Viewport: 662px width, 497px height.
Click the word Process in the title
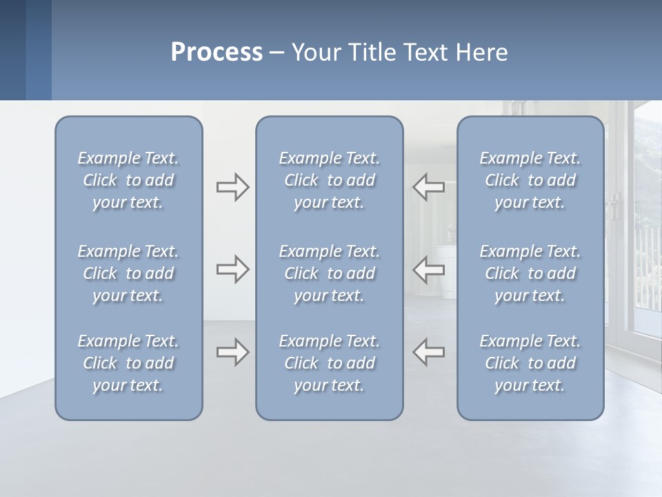[217, 52]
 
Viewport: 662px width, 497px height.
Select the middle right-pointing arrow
[232, 269]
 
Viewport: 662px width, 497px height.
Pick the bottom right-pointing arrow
[232, 353]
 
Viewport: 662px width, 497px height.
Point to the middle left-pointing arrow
[429, 269]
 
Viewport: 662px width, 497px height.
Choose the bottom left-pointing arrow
[429, 353]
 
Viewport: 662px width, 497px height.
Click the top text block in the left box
[128, 180]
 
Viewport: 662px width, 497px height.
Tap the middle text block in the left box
[128, 273]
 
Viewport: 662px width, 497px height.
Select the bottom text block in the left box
[128, 363]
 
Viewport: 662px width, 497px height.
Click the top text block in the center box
[330, 180]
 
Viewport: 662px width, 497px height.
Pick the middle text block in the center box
[330, 273]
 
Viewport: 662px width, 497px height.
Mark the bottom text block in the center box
[330, 363]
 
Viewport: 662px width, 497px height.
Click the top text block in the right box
[530, 180]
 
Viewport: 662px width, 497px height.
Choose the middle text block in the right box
[530, 273]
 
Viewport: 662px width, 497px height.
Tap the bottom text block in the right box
[530, 363]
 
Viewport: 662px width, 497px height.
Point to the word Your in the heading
[314, 52]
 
